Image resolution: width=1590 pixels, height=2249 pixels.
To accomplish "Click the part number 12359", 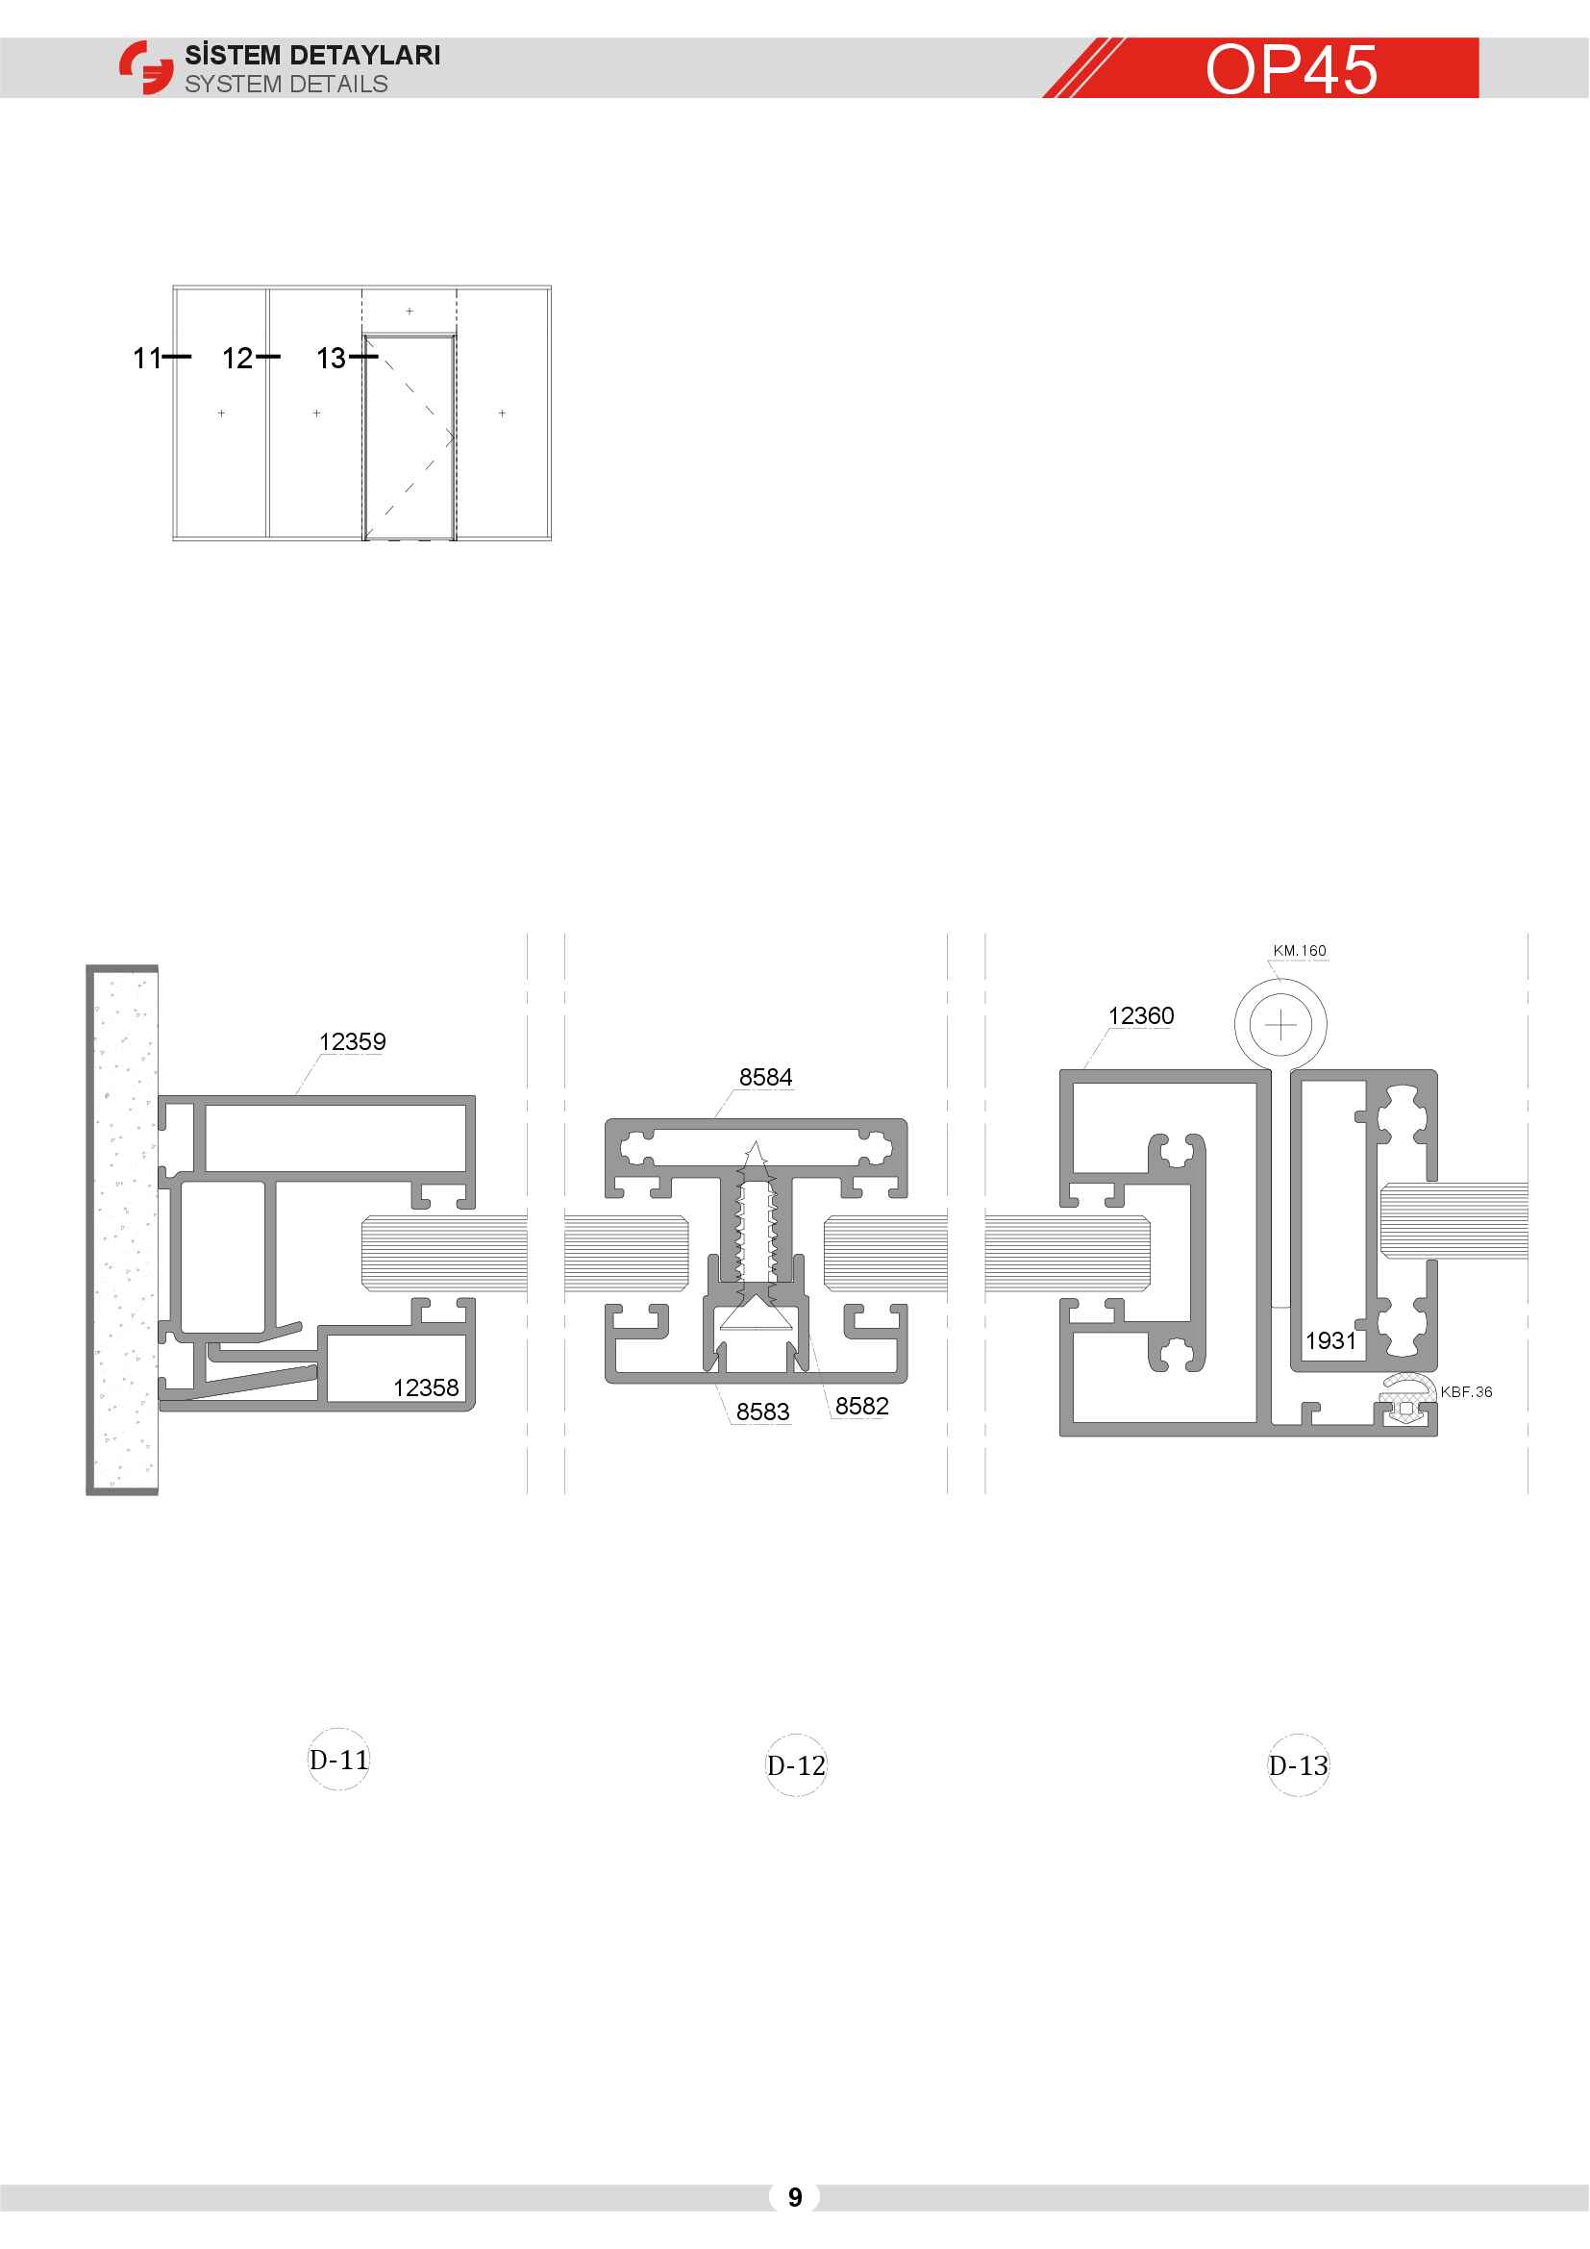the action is coord(353,1041).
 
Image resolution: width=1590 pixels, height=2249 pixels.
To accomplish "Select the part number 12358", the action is coord(426,1387).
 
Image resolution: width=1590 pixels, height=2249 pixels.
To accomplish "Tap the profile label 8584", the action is coord(765,1078).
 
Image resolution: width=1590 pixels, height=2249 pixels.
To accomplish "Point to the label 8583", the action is coord(762,1412).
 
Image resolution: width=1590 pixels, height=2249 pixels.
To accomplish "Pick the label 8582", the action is coord(861,1406).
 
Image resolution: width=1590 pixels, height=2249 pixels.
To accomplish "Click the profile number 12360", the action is coord(1141,1015).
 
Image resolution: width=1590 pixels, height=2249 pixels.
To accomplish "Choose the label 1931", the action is coord(1330,1340).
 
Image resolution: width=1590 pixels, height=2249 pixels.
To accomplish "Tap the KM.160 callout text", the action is coord(1300,951).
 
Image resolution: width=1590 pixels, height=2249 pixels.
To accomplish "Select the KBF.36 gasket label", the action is coord(1467,1392).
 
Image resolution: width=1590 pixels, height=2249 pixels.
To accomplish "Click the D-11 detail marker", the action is coord(338,1761).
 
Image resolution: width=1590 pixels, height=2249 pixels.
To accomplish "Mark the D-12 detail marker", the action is coord(796,1765).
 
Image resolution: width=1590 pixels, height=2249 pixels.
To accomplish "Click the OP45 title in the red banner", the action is coord(1291,69).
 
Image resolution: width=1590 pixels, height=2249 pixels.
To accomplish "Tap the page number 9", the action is coord(795,2197).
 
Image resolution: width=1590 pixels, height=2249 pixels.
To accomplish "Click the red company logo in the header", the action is coord(146,67).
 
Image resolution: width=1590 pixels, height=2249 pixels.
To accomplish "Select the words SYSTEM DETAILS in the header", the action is coord(286,85).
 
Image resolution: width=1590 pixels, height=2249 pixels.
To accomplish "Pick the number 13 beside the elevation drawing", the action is coord(331,359).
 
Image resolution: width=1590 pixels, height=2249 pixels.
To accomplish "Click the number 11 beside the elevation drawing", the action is coord(147,359).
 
